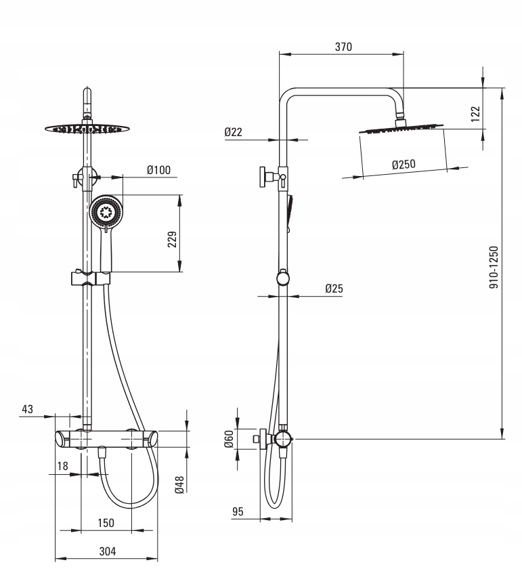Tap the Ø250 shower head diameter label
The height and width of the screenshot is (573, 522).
403,165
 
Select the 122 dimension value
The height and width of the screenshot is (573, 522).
475,114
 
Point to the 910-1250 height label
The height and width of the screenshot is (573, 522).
494,268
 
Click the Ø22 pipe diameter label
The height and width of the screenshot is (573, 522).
234,132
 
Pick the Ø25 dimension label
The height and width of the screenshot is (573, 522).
334,288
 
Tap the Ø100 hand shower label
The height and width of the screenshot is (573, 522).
158,171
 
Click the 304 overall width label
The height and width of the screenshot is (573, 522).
107,551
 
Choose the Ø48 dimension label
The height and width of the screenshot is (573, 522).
179,485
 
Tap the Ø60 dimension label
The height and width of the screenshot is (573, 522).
229,440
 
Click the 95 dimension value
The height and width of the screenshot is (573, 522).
237,511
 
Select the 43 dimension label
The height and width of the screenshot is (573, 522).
28,408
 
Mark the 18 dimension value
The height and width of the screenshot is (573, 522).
63,465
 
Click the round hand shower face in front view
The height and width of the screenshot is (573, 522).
106,213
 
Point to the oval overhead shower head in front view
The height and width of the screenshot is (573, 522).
86,127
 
